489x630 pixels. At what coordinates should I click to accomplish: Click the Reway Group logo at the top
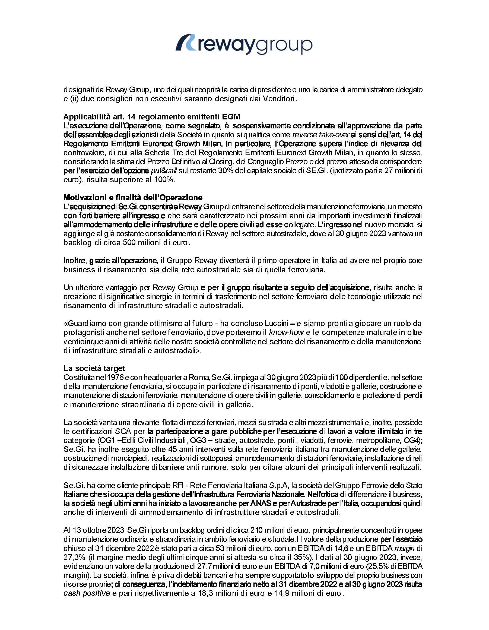coord(244,45)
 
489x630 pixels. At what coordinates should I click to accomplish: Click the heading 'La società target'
coord(94,368)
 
